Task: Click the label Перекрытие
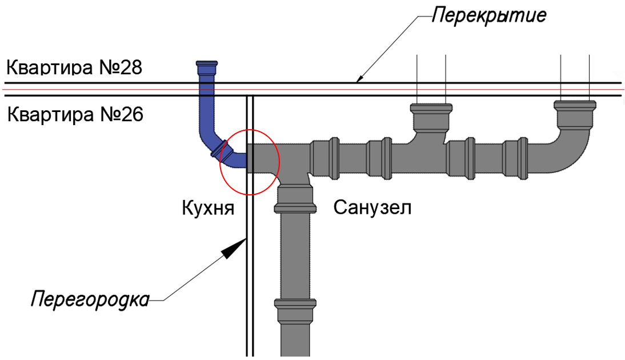(489, 16)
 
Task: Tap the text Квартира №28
(74, 67)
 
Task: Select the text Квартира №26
(75, 114)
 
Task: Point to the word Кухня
(208, 208)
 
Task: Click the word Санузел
(372, 207)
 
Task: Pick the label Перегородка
(90, 299)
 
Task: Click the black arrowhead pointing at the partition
(234, 249)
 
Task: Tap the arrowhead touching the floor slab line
(359, 78)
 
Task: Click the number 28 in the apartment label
(130, 67)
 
